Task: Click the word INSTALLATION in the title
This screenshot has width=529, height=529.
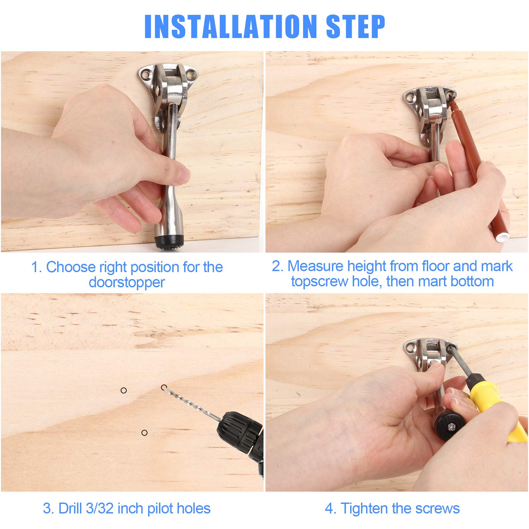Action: (231, 26)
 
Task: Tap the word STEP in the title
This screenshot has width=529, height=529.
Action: (356, 26)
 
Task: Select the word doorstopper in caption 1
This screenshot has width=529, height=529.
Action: (127, 282)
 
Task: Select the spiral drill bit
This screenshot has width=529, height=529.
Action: (192, 403)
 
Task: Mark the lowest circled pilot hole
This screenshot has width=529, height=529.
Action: (144, 433)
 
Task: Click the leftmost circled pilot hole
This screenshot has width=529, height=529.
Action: (124, 390)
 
